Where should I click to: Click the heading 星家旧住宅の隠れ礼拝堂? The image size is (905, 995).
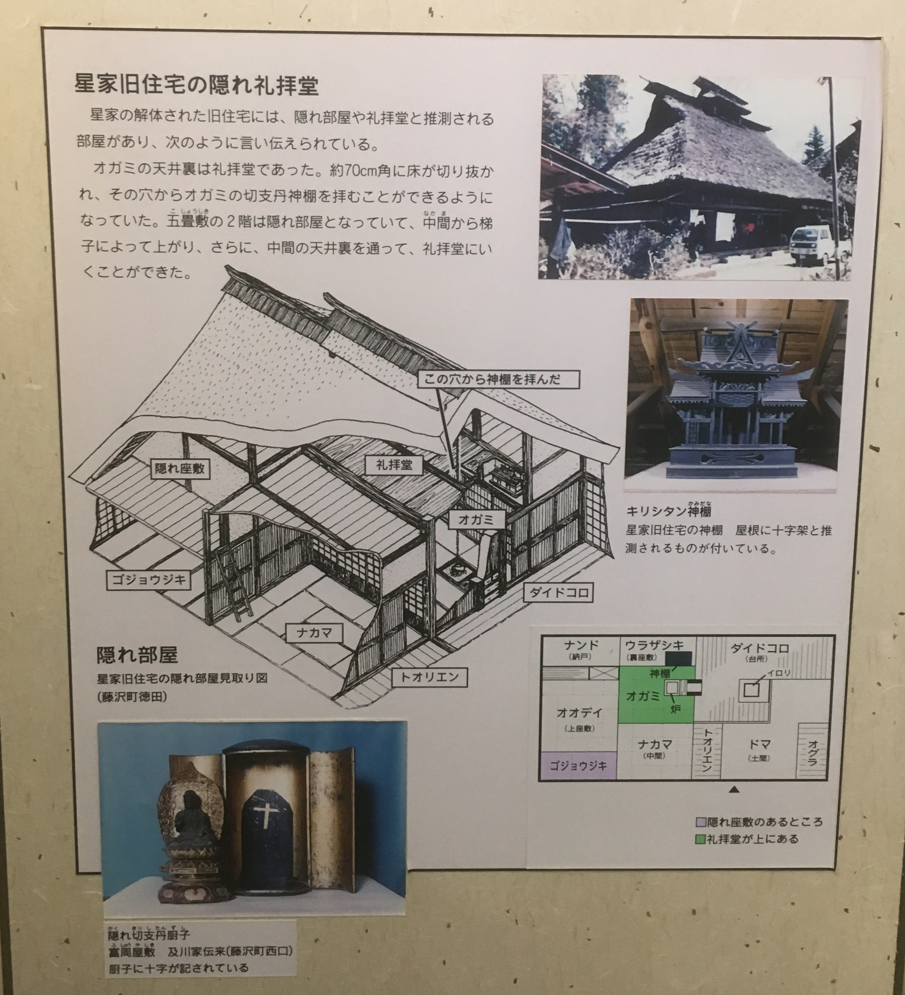point(197,85)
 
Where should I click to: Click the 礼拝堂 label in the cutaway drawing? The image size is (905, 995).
point(394,464)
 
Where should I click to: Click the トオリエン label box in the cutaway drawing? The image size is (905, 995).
point(429,677)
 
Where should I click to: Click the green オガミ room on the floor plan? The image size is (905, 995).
point(656,695)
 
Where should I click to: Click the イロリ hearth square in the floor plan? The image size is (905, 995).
point(751,690)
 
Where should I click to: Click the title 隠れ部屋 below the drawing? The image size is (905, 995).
point(137,654)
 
